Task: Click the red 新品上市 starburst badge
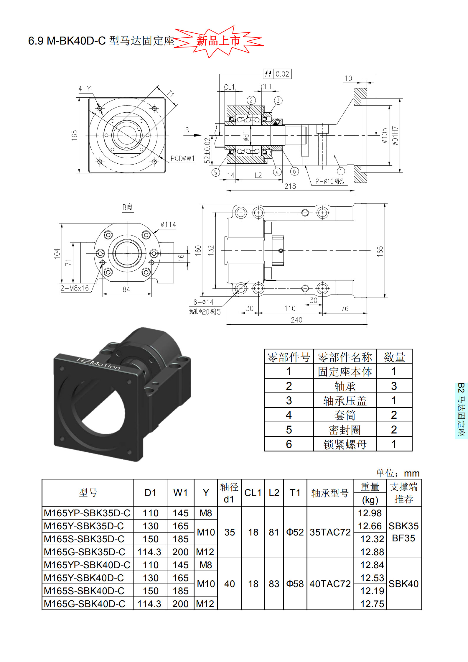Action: (x=218, y=41)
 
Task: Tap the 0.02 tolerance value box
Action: (x=282, y=74)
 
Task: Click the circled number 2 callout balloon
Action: (x=251, y=100)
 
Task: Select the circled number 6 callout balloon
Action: (x=294, y=171)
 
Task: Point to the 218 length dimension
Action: (x=290, y=186)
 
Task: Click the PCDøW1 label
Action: (x=183, y=159)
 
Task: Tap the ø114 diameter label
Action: (x=169, y=225)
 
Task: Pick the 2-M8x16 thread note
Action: (x=75, y=288)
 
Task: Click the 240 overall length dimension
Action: (x=296, y=320)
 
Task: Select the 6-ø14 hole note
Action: (x=203, y=302)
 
